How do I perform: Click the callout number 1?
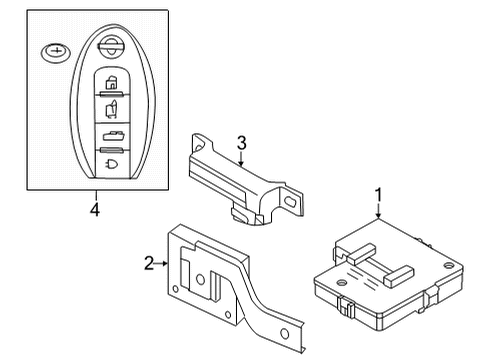[x=378, y=193]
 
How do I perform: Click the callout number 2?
[x=149, y=263]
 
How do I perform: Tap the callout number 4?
[x=95, y=210]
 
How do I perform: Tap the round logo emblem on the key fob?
[x=110, y=47]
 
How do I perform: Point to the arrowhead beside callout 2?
[x=166, y=263]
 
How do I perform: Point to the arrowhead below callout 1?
[x=378, y=216]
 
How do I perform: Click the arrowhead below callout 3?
[x=241, y=165]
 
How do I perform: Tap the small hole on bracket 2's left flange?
[x=178, y=291]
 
